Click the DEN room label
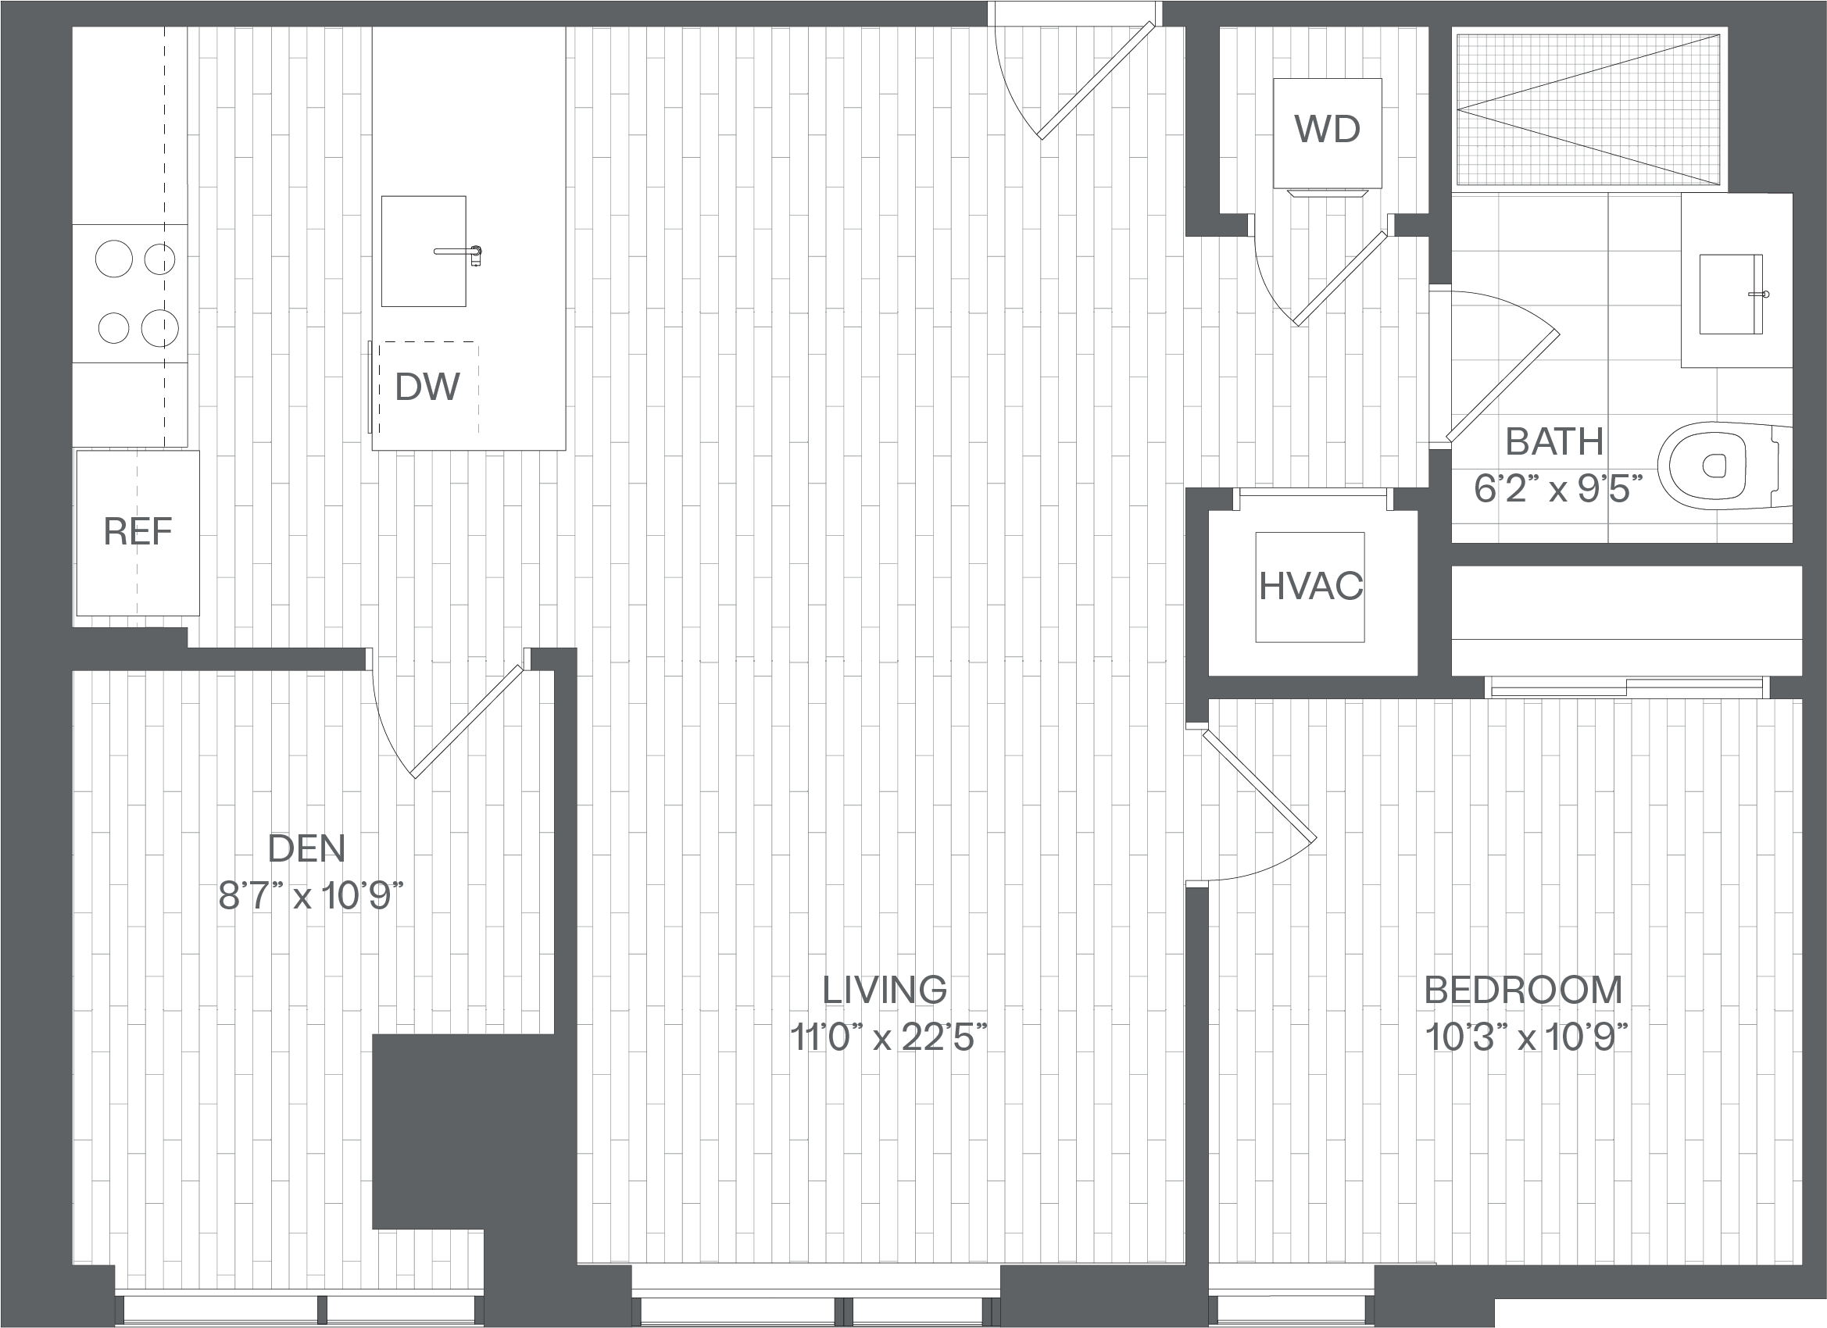306,849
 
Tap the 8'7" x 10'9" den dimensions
310,895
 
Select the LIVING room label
885,990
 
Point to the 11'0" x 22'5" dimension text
888,1037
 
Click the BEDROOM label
1522,990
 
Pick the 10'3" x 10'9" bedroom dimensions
1526,1037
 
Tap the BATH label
1555,441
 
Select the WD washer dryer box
1328,133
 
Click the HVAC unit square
1310,587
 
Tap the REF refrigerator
138,532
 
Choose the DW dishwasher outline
428,387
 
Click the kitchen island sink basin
423,252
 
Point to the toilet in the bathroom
1724,466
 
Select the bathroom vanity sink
1730,294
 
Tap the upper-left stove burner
113,259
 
